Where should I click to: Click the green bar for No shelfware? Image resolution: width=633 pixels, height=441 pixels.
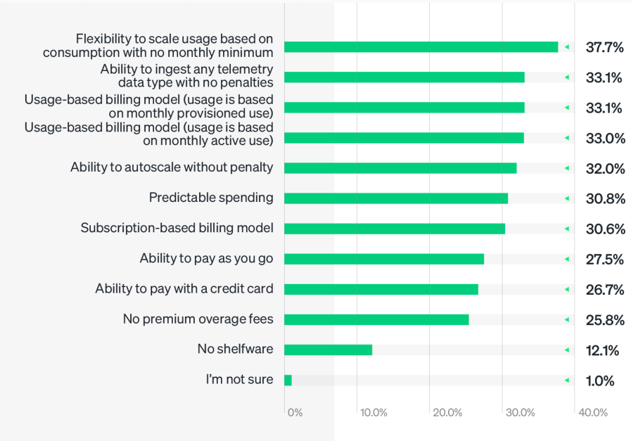pyautogui.click(x=328, y=350)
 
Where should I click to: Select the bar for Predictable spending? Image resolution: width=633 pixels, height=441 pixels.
pyautogui.click(x=396, y=198)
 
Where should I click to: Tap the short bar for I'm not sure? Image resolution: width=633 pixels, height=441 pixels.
pyautogui.click(x=288, y=380)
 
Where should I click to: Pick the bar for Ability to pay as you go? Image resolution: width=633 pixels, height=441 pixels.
pyautogui.click(x=384, y=259)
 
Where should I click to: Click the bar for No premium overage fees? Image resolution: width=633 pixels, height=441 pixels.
pyautogui.click(x=376, y=319)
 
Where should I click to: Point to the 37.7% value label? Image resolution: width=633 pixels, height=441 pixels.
pyautogui.click(x=605, y=47)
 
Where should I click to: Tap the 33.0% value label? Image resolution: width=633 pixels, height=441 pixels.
pyautogui.click(x=605, y=138)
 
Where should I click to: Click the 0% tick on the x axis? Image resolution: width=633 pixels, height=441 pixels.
pyautogui.click(x=295, y=413)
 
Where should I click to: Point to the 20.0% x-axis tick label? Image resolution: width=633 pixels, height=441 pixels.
pyautogui.click(x=447, y=413)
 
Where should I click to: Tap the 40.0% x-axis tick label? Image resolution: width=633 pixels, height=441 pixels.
pyautogui.click(x=593, y=413)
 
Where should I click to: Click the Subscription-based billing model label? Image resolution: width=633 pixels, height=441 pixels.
pyautogui.click(x=177, y=228)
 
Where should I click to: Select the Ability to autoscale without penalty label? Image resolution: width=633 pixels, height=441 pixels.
pyautogui.click(x=172, y=167)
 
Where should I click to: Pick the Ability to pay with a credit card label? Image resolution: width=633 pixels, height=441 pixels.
pyautogui.click(x=184, y=288)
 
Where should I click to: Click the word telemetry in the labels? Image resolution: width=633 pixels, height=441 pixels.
pyautogui.click(x=245, y=69)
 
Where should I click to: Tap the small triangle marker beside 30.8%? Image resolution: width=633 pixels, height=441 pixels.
pyautogui.click(x=566, y=198)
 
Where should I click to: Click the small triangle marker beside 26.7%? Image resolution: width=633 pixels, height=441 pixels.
pyautogui.click(x=566, y=289)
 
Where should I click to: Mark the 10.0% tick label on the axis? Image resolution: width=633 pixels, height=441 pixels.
pyautogui.click(x=373, y=413)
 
